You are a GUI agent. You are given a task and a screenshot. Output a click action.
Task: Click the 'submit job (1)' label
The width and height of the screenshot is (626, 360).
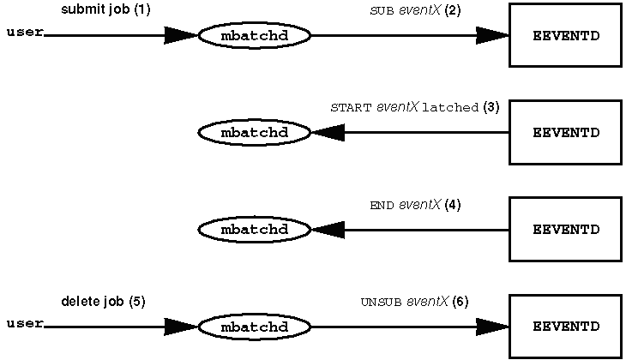pyautogui.click(x=105, y=9)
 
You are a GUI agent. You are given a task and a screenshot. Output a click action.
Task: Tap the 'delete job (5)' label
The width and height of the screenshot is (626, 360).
pyautogui.click(x=104, y=302)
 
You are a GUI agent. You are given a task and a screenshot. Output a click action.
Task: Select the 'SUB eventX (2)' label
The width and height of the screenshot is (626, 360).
pyautogui.click(x=415, y=10)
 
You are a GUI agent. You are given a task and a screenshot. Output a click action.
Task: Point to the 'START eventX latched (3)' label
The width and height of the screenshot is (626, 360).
pyautogui.click(x=415, y=107)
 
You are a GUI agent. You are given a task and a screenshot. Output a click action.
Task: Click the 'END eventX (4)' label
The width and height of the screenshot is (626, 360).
pyautogui.click(x=415, y=205)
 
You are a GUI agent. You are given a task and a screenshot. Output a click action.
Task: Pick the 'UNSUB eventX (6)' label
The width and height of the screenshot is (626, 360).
pyautogui.click(x=414, y=302)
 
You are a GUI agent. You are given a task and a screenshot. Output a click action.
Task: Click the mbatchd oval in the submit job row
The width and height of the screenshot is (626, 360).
pyautogui.click(x=255, y=35)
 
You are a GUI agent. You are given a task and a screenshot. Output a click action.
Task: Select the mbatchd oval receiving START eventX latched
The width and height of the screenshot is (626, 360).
pyautogui.click(x=255, y=133)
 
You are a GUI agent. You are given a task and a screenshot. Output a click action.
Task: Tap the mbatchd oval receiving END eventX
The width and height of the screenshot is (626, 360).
pyautogui.click(x=255, y=230)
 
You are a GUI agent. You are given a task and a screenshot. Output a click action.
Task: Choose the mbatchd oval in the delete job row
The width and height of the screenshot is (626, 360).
pyautogui.click(x=255, y=327)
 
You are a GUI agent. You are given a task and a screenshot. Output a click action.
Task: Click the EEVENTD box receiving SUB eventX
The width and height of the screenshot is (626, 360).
pyautogui.click(x=566, y=35)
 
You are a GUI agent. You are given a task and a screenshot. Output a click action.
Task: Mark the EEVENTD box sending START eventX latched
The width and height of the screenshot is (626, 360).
pyautogui.click(x=566, y=132)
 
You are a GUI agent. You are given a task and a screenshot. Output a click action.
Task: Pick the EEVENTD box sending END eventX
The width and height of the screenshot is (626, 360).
pyautogui.click(x=566, y=229)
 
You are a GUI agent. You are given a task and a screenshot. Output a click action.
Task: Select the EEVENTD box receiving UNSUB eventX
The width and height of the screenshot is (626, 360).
pyautogui.click(x=566, y=327)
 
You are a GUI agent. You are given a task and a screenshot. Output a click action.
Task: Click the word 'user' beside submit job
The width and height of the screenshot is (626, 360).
pyautogui.click(x=25, y=32)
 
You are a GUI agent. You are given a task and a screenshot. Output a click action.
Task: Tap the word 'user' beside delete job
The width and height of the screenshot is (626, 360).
pyautogui.click(x=25, y=323)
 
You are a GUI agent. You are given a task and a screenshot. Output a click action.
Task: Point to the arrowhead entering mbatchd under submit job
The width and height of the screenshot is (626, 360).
pyautogui.click(x=181, y=35)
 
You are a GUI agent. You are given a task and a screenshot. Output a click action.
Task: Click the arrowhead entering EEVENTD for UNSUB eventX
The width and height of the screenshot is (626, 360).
pyautogui.click(x=493, y=327)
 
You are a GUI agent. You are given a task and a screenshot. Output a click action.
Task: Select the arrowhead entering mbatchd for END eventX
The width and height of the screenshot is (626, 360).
pyautogui.click(x=328, y=230)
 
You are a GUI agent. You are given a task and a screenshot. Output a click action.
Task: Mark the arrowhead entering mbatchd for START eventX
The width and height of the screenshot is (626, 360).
pyautogui.click(x=328, y=133)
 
